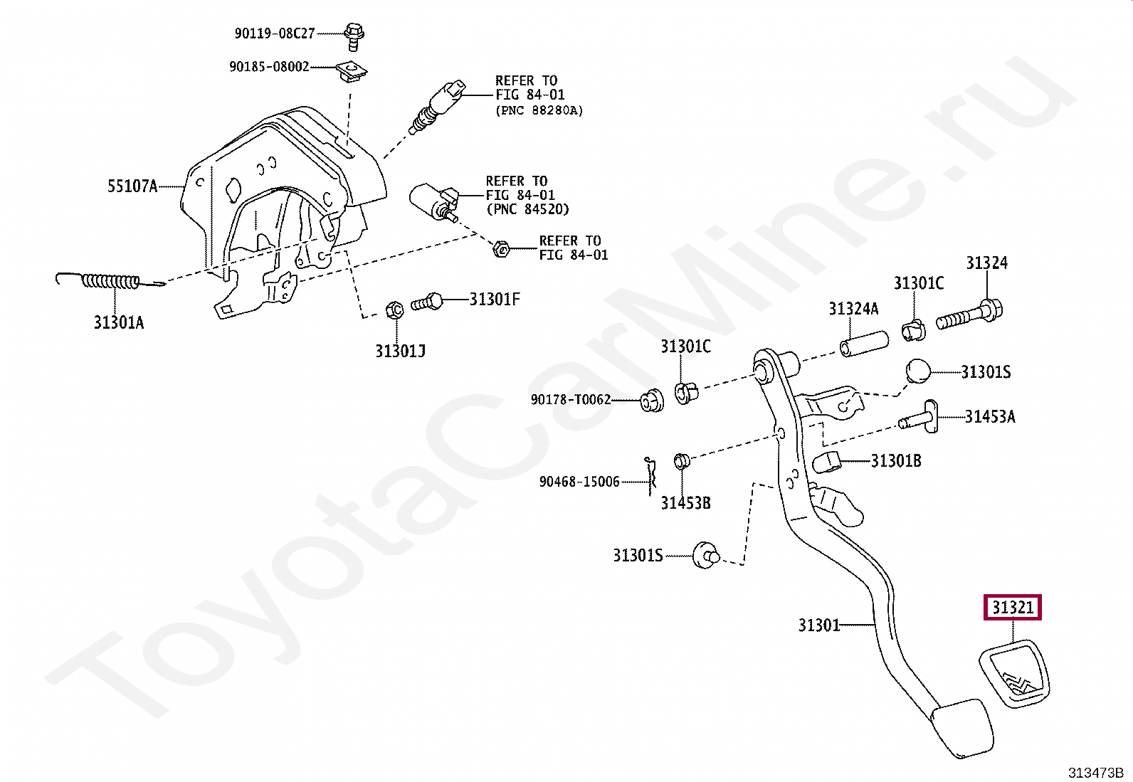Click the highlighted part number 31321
point(1013,607)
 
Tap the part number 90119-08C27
point(275,33)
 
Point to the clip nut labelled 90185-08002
point(349,70)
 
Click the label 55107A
point(132,186)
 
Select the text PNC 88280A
point(539,110)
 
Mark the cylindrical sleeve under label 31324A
point(863,343)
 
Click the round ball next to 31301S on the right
point(918,371)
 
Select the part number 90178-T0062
point(571,400)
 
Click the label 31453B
point(685,503)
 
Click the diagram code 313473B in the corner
point(1095,772)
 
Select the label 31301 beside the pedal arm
point(818,625)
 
